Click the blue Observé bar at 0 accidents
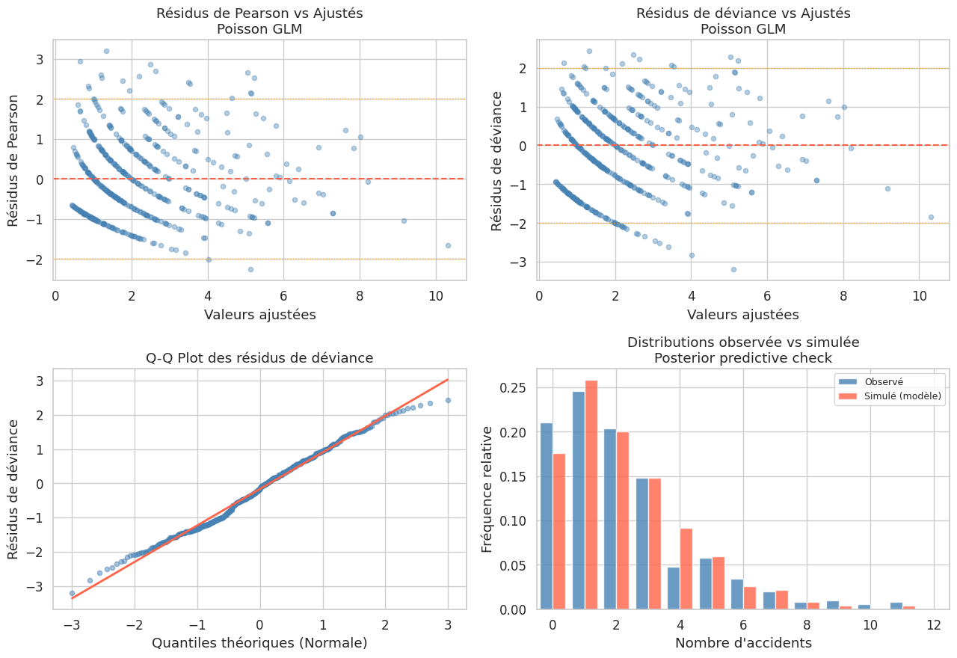click(547, 516)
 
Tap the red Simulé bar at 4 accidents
click(686, 569)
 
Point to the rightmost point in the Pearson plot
click(448, 245)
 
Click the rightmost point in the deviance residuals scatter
click(931, 217)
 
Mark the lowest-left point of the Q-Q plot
click(72, 593)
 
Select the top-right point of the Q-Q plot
click(448, 400)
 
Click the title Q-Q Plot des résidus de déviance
click(259, 358)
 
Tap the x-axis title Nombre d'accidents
click(743, 642)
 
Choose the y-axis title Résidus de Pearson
click(13, 159)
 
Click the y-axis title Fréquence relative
click(487, 489)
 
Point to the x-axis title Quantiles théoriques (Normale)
click(259, 642)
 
